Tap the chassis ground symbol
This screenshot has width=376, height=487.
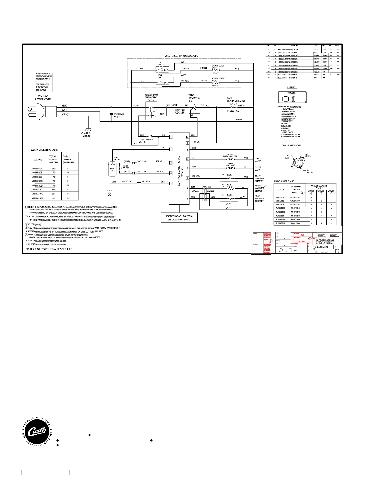(87, 130)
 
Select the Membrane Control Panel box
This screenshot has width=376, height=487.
(180, 218)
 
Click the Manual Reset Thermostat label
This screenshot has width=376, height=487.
(151, 97)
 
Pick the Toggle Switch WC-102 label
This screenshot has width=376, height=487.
(145, 141)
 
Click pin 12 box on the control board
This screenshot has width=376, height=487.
(171, 150)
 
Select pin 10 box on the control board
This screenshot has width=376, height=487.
(187, 137)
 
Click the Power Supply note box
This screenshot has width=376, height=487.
(44, 82)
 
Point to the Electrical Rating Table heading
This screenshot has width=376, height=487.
(44, 150)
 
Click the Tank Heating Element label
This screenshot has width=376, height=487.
(236, 100)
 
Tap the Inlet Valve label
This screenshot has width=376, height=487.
(258, 160)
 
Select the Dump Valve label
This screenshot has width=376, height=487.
(258, 169)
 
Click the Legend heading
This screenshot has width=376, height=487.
(291, 88)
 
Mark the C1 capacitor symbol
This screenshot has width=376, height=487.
(111, 114)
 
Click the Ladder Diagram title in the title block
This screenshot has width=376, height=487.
(325, 242)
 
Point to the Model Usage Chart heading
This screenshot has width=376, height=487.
(284, 181)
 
